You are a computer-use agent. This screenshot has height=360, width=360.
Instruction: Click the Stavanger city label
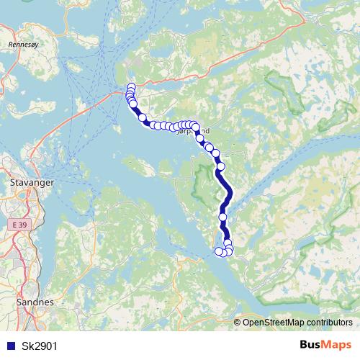[32, 184]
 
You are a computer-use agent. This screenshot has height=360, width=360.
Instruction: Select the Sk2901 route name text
[39, 346]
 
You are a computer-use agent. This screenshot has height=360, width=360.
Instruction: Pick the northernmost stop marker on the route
[131, 87]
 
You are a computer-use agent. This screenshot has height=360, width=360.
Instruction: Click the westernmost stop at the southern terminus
[219, 251]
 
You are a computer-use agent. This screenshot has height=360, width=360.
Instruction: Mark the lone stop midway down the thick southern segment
[222, 217]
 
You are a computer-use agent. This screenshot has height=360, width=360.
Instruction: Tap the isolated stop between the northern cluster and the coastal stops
[142, 117]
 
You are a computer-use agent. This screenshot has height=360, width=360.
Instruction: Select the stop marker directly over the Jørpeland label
[195, 127]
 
